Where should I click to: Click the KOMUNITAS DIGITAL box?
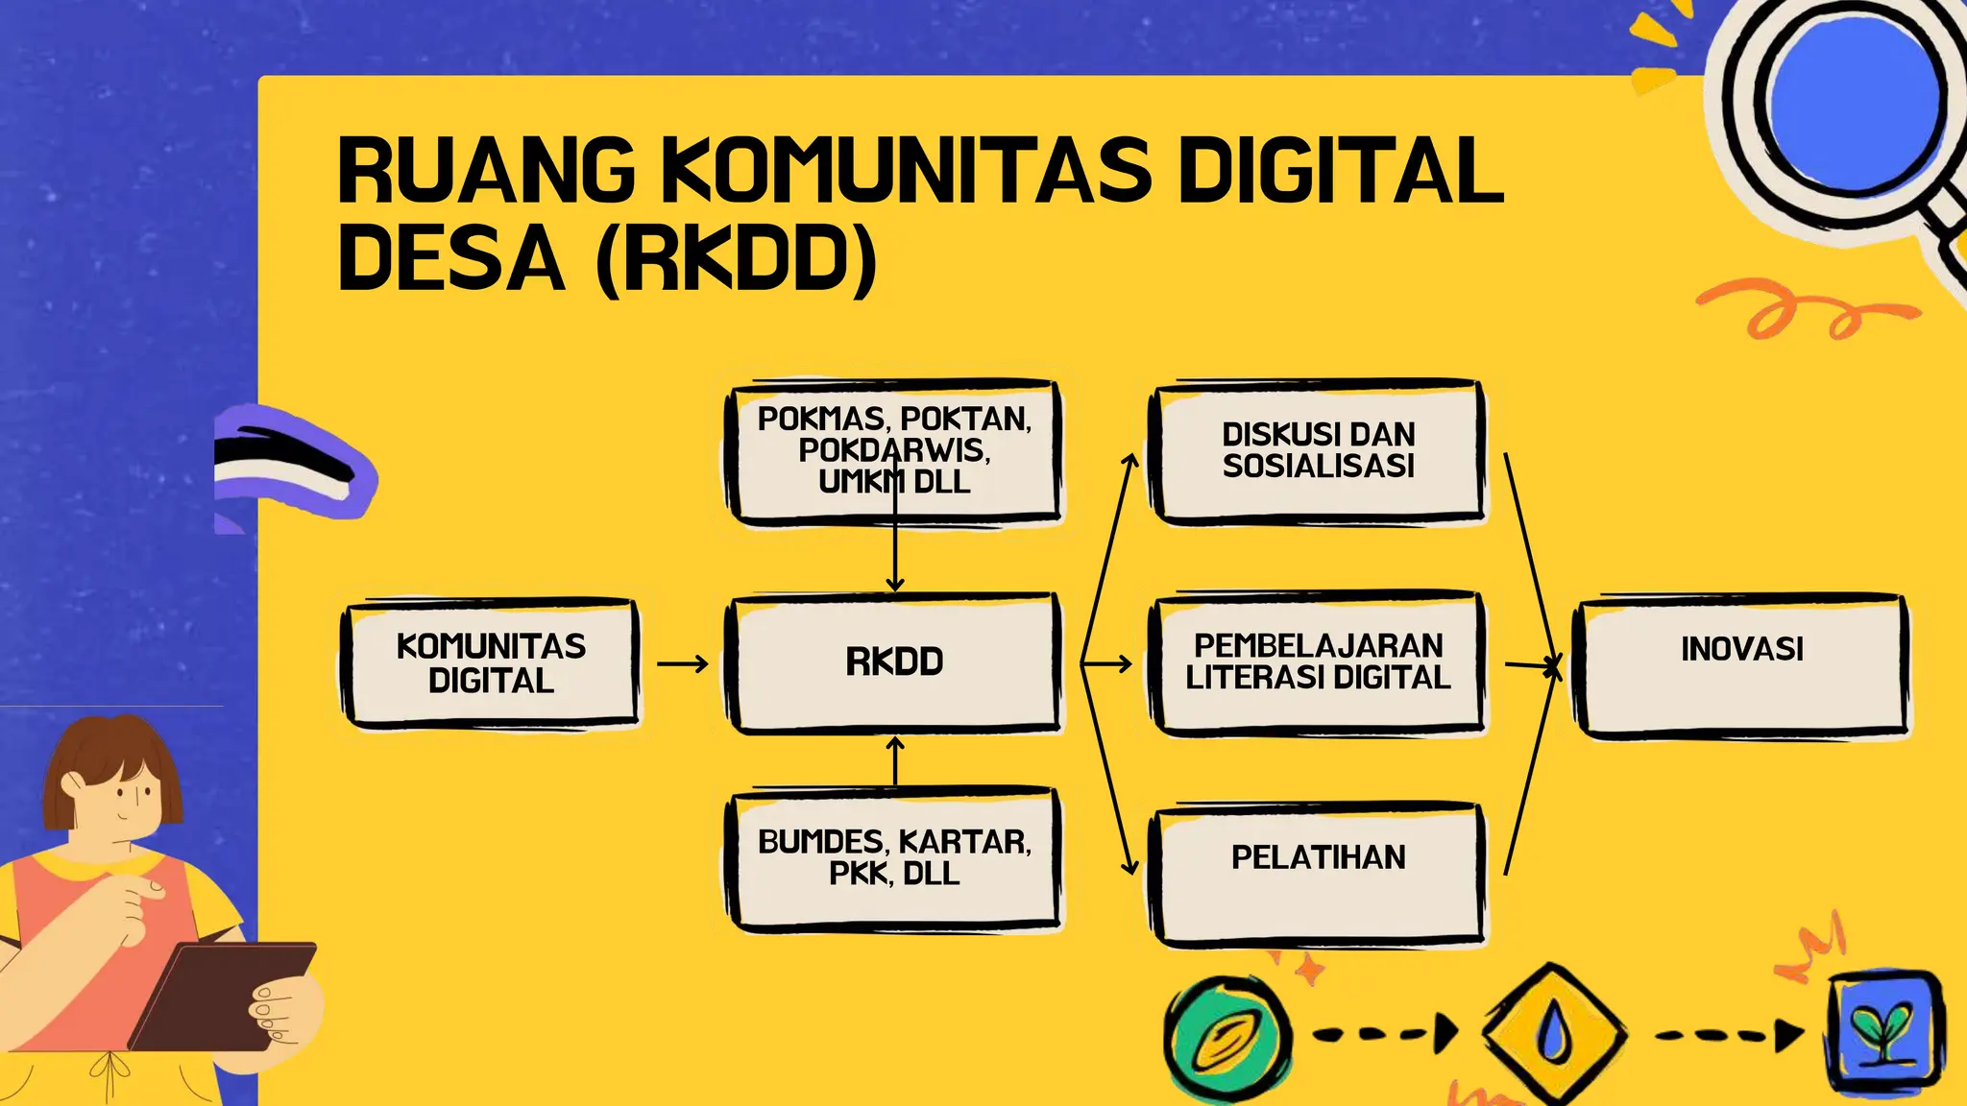491,663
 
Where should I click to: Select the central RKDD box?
894,662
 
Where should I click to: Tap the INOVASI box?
1741,664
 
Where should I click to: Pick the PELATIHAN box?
1318,872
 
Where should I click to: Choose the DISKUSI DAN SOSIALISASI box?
1318,451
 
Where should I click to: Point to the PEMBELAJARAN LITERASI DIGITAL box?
1318,662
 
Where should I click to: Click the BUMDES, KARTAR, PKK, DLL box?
894,858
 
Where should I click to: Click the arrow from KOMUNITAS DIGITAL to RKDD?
683,663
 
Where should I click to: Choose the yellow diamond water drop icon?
1554,1033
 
